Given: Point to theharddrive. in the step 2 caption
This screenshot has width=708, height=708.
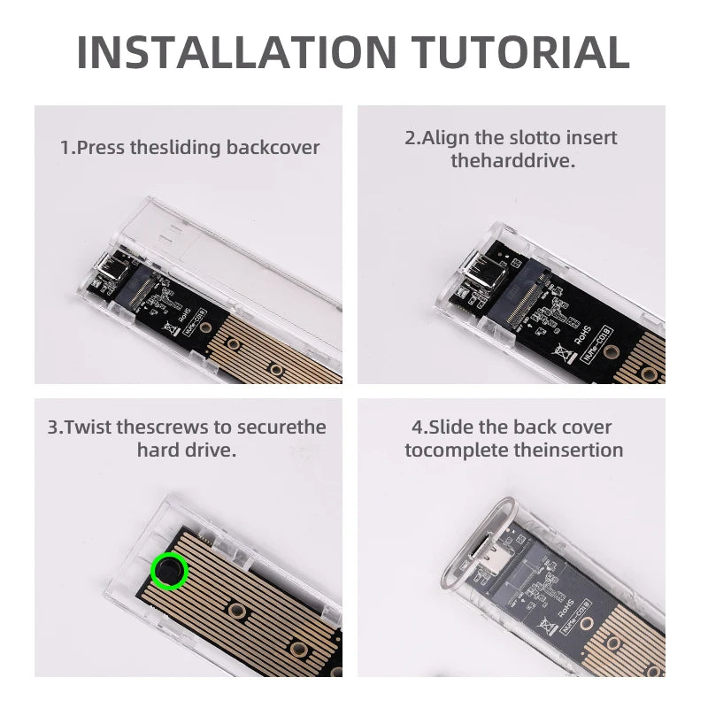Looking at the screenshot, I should tap(512, 161).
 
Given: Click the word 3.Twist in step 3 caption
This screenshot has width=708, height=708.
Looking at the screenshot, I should tap(81, 427).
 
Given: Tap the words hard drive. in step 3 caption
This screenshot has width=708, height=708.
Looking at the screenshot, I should tap(186, 450).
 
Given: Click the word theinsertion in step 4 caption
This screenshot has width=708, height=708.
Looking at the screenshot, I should tap(568, 450).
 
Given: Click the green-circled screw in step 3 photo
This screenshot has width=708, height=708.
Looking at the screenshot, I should tap(169, 572).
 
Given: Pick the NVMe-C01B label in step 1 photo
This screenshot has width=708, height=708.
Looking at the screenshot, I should tap(196, 316).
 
